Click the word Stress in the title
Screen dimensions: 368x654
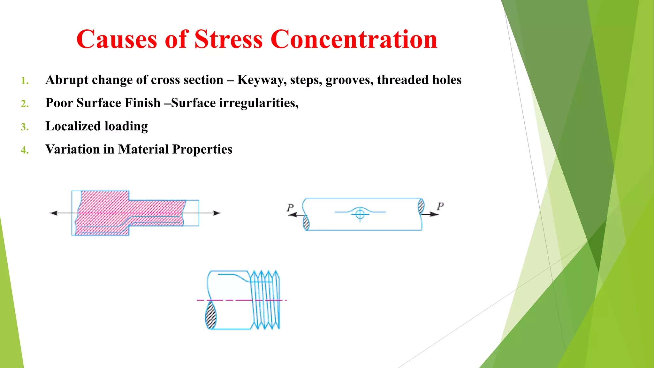point(228,40)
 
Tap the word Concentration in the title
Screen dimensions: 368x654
point(354,40)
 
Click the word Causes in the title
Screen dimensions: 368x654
point(117,40)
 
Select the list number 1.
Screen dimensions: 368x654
point(25,81)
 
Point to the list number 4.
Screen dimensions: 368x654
point(25,150)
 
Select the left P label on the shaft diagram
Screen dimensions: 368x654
point(290,208)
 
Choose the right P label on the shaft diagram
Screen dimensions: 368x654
point(440,206)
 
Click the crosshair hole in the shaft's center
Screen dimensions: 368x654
point(360,214)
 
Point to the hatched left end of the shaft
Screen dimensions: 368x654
point(306,223)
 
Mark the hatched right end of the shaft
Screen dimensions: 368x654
point(421,206)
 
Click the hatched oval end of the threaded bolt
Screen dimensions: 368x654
point(210,315)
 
